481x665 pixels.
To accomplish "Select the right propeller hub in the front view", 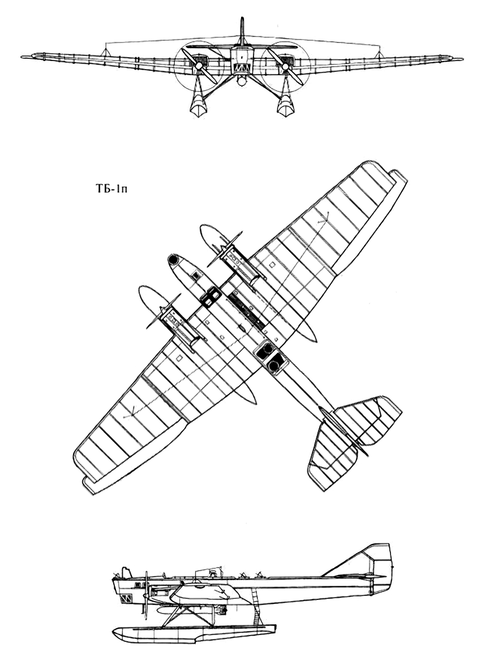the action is click(x=285, y=66).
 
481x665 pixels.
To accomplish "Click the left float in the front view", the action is click(x=196, y=105).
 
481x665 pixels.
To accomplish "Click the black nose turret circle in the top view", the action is click(x=173, y=259).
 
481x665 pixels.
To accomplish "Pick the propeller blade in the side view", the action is click(x=146, y=594).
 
